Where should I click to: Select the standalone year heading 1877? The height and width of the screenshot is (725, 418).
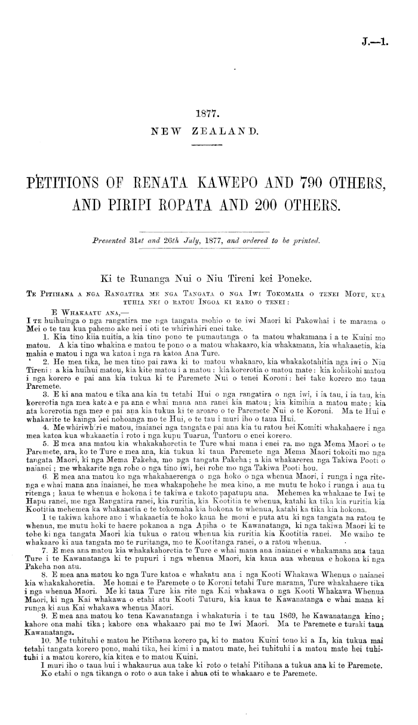(x=208, y=112)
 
